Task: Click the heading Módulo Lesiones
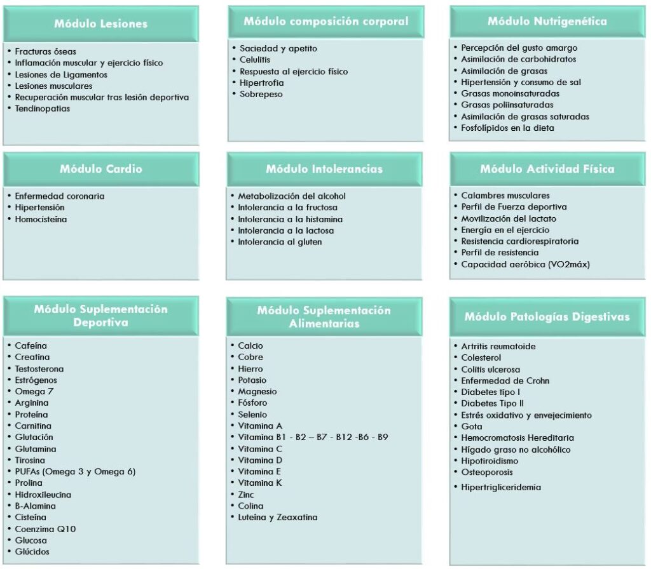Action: pyautogui.click(x=100, y=24)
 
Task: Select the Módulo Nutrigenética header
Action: pyautogui.click(x=547, y=21)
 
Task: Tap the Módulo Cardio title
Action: pyautogui.click(x=101, y=169)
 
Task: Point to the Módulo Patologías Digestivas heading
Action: pyautogui.click(x=547, y=316)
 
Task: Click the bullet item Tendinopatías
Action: pyautogui.click(x=43, y=109)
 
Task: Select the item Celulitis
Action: pyautogui.click(x=255, y=60)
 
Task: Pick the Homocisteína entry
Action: pyautogui.click(x=41, y=219)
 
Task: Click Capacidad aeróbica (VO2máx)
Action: pyautogui.click(x=525, y=264)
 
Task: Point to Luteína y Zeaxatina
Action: pyautogui.click(x=277, y=517)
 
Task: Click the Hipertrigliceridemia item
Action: pyautogui.click(x=501, y=487)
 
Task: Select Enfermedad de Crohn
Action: pyautogui.click(x=505, y=380)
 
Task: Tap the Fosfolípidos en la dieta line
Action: pyautogui.click(x=507, y=128)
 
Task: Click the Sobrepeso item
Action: pyautogui.click(x=261, y=94)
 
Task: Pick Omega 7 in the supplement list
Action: pyautogui.click(x=34, y=391)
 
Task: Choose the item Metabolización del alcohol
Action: pyautogui.click(x=292, y=196)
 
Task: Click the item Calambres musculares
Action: pyautogui.click(x=505, y=196)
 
